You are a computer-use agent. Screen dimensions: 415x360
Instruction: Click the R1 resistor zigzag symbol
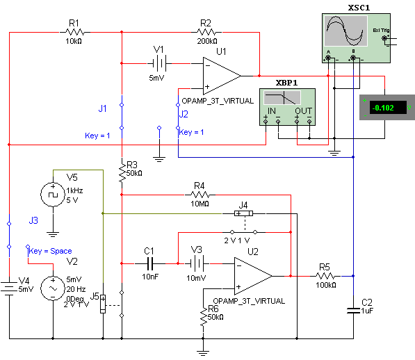point(75,32)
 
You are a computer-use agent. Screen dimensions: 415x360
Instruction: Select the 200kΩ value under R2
point(207,41)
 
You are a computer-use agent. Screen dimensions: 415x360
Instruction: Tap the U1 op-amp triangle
point(222,76)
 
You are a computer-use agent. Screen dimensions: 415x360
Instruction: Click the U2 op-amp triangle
point(253,276)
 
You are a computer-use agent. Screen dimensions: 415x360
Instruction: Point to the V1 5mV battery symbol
point(160,63)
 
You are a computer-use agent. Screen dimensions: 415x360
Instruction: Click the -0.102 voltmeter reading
point(383,108)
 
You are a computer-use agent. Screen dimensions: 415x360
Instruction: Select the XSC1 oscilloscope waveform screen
point(345,31)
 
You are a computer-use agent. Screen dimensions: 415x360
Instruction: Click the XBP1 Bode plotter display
point(282,97)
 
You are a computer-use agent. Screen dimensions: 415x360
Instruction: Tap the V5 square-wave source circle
point(53,195)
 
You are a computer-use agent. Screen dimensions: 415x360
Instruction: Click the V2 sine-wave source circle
point(53,288)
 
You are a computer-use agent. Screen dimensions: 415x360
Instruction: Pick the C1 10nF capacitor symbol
point(149,263)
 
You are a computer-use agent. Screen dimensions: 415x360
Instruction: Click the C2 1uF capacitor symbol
point(353,311)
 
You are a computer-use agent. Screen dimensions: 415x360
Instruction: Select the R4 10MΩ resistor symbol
point(200,195)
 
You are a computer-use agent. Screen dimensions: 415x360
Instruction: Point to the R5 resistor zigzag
point(325,276)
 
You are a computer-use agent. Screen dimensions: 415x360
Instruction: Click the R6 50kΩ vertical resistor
point(203,317)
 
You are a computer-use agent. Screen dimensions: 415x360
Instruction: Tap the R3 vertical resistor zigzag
point(122,173)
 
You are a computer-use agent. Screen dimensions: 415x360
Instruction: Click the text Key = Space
point(50,251)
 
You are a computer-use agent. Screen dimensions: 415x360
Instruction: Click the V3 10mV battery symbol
point(197,263)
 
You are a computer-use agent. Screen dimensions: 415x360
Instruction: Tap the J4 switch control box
point(244,213)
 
